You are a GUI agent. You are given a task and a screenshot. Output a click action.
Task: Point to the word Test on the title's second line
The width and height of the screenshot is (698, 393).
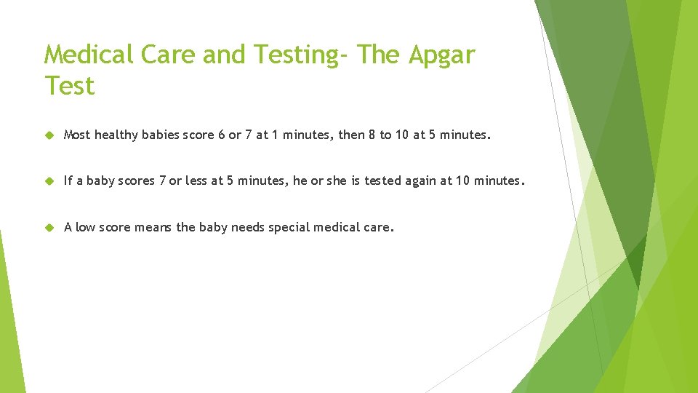point(69,86)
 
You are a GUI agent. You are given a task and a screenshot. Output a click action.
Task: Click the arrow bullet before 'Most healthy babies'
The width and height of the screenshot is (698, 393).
point(49,135)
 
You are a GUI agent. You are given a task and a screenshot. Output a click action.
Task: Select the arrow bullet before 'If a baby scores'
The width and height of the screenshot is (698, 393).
point(49,180)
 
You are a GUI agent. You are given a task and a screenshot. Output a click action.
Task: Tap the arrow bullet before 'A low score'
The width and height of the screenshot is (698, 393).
point(49,227)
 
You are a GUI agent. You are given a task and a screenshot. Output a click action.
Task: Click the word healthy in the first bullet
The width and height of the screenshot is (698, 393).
point(116,135)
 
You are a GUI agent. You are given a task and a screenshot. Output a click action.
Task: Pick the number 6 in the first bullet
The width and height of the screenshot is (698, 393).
point(221,135)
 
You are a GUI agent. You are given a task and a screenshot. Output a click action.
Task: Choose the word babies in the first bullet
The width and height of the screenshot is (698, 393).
point(161,135)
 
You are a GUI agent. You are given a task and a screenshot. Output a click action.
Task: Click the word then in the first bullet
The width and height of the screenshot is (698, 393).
point(352,135)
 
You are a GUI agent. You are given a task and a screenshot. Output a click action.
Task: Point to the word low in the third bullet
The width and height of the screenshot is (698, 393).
point(85,227)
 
